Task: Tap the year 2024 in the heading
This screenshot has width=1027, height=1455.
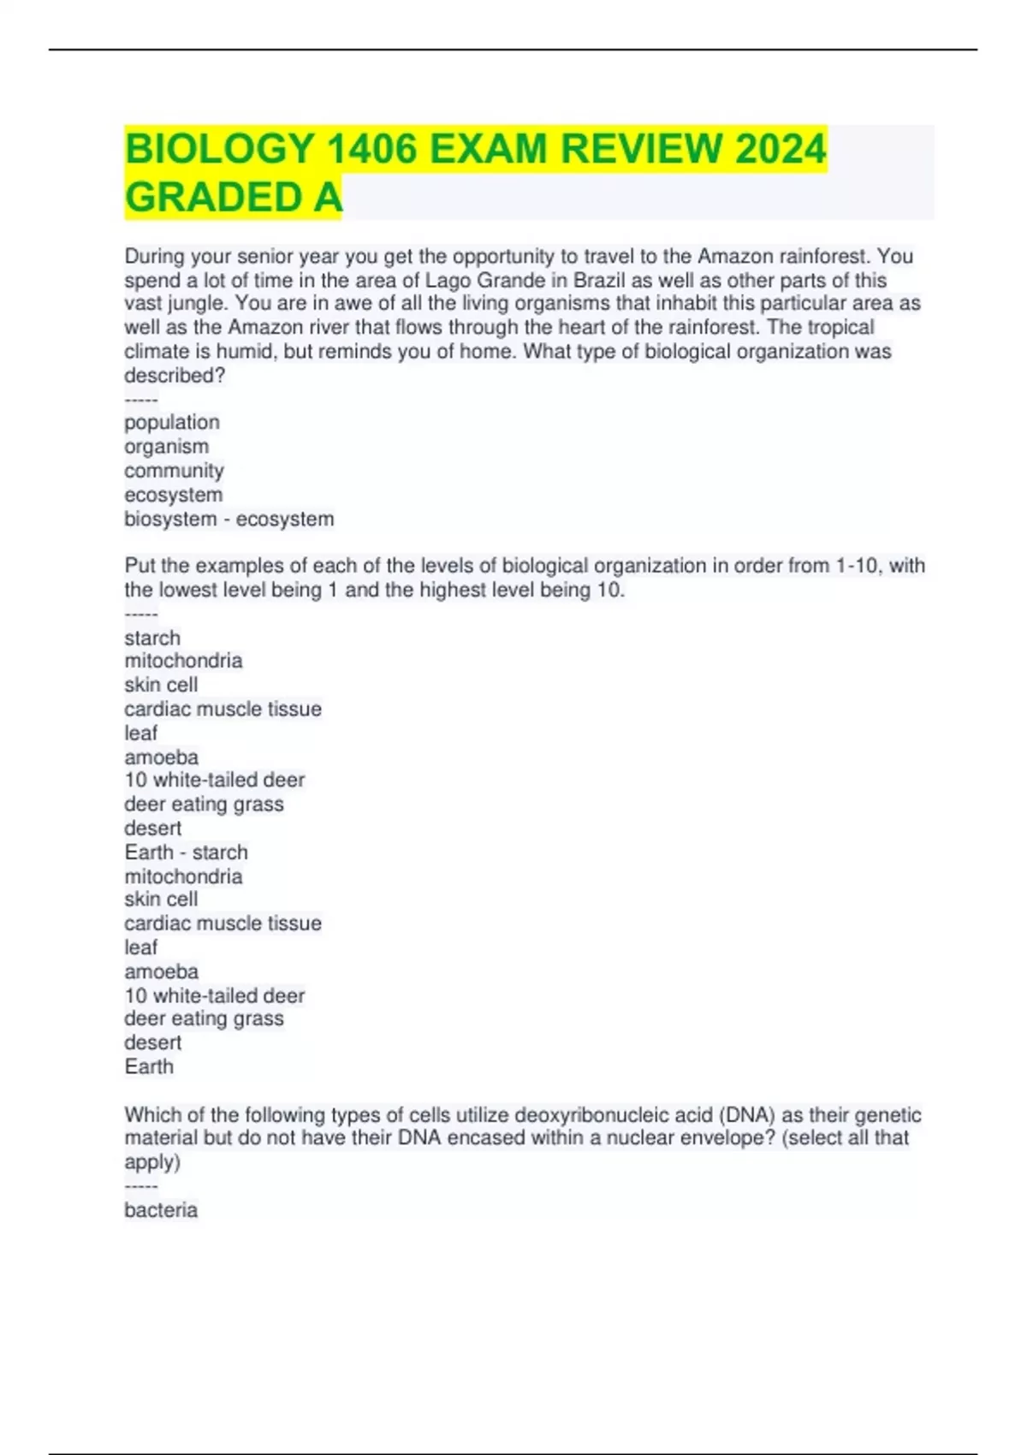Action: tap(780, 149)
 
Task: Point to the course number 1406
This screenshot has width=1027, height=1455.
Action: tap(372, 149)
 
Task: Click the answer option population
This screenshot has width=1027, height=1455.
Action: tap(172, 423)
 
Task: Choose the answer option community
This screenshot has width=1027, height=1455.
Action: tap(174, 471)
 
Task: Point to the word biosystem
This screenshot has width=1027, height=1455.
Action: tap(170, 520)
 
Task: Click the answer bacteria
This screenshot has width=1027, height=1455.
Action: tap(161, 1210)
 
